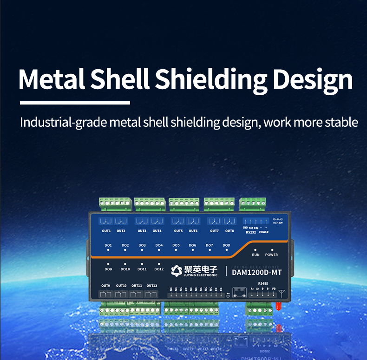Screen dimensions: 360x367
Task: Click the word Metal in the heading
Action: [x=52, y=79]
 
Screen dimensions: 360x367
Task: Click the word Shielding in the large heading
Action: [x=211, y=79]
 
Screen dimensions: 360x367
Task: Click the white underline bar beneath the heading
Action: [x=75, y=103]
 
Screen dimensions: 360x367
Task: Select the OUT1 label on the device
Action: [x=106, y=231]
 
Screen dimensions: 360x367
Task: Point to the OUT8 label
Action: [x=229, y=231]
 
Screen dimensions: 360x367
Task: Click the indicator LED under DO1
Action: [x=108, y=250]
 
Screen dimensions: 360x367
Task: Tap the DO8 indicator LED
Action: [x=226, y=250]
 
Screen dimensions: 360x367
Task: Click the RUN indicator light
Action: [x=256, y=250]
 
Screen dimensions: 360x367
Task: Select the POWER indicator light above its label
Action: [x=272, y=250]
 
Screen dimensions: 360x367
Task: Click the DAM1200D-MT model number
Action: [x=256, y=272]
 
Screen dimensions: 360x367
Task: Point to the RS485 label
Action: [x=263, y=283]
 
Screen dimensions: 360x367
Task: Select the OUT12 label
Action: [x=151, y=286]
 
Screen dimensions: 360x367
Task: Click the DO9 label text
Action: [x=108, y=269]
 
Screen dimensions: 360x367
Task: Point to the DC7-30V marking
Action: [x=278, y=223]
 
